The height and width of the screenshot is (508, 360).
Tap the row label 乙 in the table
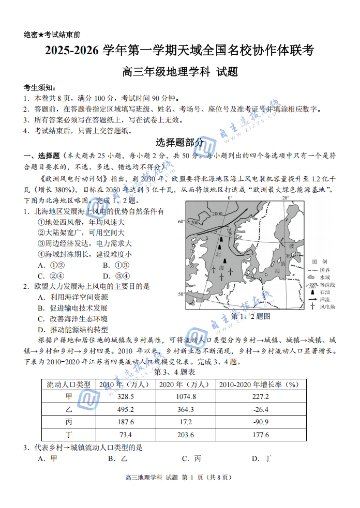point(69,409)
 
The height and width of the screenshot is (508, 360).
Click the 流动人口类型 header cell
point(69,384)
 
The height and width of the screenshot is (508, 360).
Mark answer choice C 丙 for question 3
point(191,458)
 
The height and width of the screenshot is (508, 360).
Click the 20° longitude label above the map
point(286,198)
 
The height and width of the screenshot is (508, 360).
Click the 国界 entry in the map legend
point(324,270)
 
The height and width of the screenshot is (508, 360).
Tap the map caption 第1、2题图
point(251,316)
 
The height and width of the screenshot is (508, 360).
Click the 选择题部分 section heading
point(179,143)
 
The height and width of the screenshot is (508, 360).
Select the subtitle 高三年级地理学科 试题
point(179,71)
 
